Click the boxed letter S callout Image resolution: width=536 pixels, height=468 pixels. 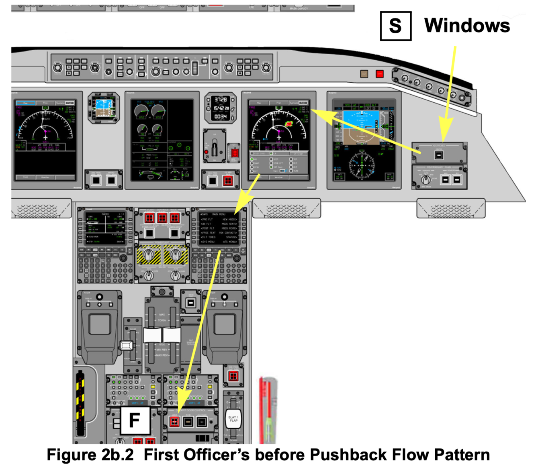click(395, 26)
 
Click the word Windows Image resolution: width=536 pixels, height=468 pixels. click(467, 26)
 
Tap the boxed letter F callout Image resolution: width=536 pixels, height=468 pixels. click(135, 420)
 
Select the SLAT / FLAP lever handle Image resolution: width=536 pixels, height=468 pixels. click(233, 419)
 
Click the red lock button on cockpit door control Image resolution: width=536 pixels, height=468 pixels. click(174, 421)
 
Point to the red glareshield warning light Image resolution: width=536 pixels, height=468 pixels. click(379, 74)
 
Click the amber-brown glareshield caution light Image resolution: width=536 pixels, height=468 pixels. click(364, 74)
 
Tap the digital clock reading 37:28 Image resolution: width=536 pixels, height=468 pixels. click(220, 100)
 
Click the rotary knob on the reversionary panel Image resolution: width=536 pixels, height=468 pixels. click(426, 179)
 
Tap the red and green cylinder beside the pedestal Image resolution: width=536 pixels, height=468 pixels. click(267, 405)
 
